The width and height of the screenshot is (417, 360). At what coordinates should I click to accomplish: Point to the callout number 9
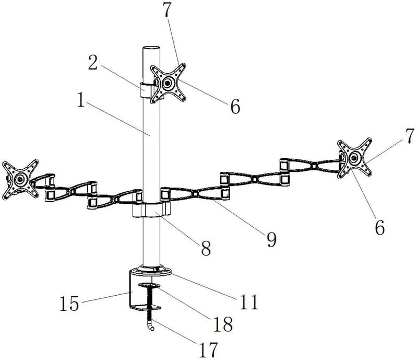point(271,239)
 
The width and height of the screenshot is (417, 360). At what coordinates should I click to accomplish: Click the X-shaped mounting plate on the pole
point(168,83)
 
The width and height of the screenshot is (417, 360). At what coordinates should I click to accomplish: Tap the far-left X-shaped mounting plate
point(20,179)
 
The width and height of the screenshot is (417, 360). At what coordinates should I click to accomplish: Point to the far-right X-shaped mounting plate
point(355,158)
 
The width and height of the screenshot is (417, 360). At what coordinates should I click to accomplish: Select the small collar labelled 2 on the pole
point(146,88)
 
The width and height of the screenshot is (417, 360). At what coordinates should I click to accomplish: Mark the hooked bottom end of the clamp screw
point(152,328)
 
